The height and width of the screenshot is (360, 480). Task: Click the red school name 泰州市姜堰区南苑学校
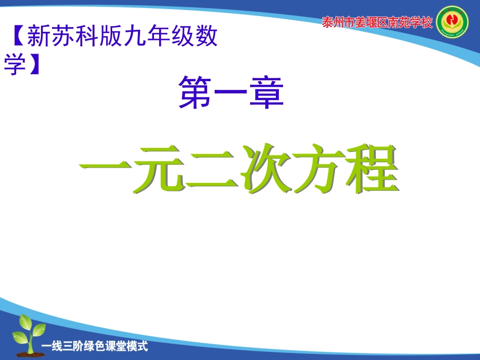point(377,23)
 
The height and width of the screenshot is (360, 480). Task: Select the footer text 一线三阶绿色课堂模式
point(95,347)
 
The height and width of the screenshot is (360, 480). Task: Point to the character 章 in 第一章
point(266,92)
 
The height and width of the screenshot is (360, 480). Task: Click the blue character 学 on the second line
point(15,65)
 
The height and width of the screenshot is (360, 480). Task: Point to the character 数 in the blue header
point(206,37)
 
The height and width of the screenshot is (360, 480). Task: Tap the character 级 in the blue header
point(182,37)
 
